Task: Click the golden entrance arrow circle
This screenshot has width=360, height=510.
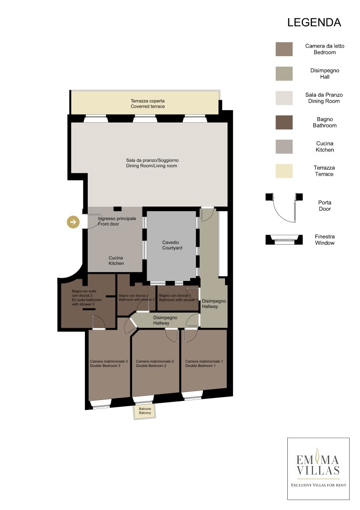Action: click(73, 222)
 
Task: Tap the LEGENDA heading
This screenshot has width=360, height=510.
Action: click(314, 23)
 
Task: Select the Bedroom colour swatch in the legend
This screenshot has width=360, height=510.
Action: click(284, 49)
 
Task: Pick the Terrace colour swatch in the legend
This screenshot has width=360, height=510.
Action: click(284, 171)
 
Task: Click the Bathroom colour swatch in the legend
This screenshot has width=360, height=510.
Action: click(284, 122)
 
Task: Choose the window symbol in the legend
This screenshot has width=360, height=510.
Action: click(285, 240)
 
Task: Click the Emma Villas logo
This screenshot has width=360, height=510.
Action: click(318, 469)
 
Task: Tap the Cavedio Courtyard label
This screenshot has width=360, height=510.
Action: click(172, 245)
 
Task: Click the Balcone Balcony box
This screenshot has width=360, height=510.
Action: click(145, 411)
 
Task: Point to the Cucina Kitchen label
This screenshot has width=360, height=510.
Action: click(116, 261)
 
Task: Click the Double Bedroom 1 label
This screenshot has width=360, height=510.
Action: click(204, 363)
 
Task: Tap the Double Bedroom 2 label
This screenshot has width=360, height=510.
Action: click(155, 363)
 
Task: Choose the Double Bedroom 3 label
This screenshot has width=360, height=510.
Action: click(109, 363)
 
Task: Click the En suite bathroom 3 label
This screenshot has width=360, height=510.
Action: click(87, 297)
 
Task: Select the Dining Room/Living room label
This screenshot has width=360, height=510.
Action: click(152, 163)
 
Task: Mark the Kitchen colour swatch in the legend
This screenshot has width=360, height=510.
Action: click(284, 146)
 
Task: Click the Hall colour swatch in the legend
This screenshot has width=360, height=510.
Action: click(284, 74)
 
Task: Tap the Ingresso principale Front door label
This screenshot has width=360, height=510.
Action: click(117, 221)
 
